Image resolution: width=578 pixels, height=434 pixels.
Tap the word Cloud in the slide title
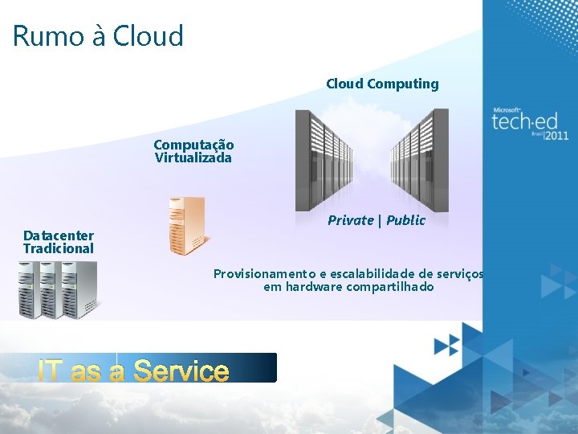(148, 36)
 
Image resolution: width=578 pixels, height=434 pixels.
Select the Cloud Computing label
(382, 84)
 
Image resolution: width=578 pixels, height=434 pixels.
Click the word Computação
(193, 145)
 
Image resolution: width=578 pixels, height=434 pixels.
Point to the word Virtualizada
(193, 158)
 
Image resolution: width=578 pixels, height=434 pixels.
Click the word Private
(350, 220)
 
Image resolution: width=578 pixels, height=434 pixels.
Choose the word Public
(405, 220)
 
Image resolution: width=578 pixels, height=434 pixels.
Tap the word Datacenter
(58, 235)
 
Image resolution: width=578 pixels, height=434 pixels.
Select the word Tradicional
(58, 248)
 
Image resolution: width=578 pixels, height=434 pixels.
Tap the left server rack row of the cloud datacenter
(324, 161)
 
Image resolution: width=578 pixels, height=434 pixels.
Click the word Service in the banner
(181, 371)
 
